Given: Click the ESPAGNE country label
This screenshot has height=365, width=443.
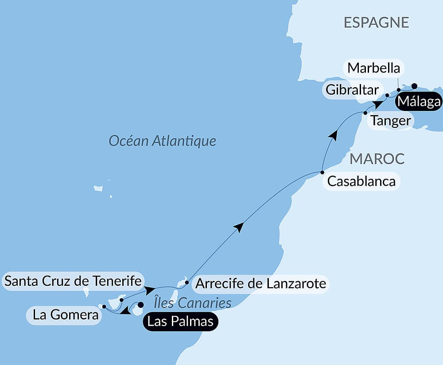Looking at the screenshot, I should coord(376,23).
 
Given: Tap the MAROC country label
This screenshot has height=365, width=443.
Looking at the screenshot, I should coord(377,159).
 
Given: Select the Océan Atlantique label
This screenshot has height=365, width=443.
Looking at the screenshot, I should coord(163,141).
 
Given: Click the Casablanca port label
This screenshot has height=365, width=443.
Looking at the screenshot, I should coord(361,181).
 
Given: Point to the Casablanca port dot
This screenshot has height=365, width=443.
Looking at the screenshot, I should coord(322,172).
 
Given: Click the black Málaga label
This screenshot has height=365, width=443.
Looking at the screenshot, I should coord(419,102).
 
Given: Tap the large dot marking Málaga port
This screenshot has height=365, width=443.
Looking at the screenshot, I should coord(414,86).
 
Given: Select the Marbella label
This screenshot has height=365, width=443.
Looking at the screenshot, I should coord(374,68).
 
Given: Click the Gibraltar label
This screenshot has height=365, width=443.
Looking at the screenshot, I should coord(352,90).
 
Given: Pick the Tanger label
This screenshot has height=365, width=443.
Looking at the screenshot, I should coord(390,120).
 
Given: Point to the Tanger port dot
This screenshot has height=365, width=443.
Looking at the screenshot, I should coord(365,113).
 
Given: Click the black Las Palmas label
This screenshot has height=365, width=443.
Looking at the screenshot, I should coord(180,321).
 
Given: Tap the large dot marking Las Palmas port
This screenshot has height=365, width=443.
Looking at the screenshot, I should coord(141,304).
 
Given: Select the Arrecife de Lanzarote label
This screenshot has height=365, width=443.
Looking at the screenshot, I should coord(261,283).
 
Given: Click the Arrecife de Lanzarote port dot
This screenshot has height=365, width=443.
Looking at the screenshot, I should coord(187,282).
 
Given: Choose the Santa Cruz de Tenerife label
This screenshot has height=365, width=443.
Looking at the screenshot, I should coord(73,280).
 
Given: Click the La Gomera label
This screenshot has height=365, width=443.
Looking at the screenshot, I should coord(65,315).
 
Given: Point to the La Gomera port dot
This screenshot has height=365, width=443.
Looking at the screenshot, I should coord(104,306).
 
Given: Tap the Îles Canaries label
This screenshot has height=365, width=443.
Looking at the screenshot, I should coord(193,303).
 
